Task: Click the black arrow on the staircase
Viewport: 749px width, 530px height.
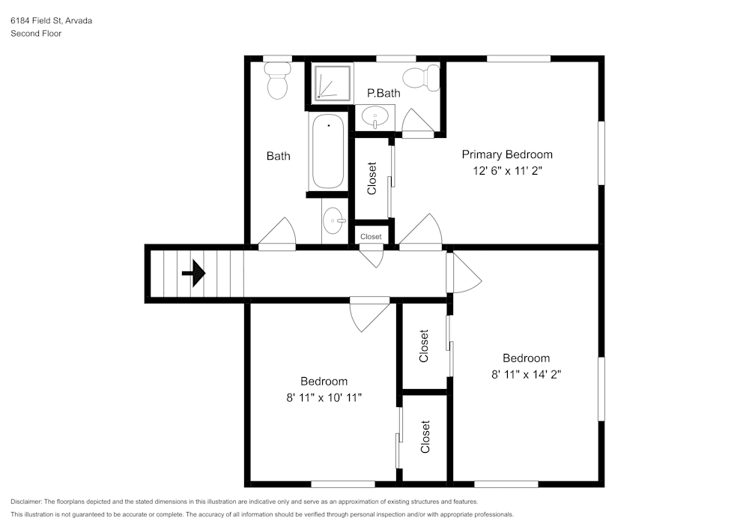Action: pos(194,273)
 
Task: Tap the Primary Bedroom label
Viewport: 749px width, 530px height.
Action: pos(507,154)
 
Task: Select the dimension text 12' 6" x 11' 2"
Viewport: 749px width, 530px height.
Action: pos(507,171)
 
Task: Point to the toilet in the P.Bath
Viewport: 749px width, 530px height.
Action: pos(421,77)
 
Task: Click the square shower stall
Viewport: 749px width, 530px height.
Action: pos(331,82)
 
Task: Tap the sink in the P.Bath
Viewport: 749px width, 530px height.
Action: pos(374,116)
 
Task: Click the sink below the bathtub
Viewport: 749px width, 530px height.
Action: pos(333,220)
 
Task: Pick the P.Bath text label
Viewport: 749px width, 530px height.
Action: pos(383,94)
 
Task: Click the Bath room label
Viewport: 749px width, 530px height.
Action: pos(278,156)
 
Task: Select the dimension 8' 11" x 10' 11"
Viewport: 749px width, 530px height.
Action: pos(324,397)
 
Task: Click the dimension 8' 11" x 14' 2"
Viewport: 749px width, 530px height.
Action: pos(526,374)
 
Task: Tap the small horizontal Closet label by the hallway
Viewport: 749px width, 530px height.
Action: pos(371,237)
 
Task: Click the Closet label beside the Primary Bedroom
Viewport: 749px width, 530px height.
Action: pos(372,178)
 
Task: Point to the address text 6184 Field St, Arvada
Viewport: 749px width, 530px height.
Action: pos(51,21)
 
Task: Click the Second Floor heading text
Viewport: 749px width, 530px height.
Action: pos(36,34)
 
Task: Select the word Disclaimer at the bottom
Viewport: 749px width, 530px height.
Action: pos(26,502)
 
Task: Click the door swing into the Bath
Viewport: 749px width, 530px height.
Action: pos(279,232)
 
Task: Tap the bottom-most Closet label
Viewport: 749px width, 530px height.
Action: pos(425,437)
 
